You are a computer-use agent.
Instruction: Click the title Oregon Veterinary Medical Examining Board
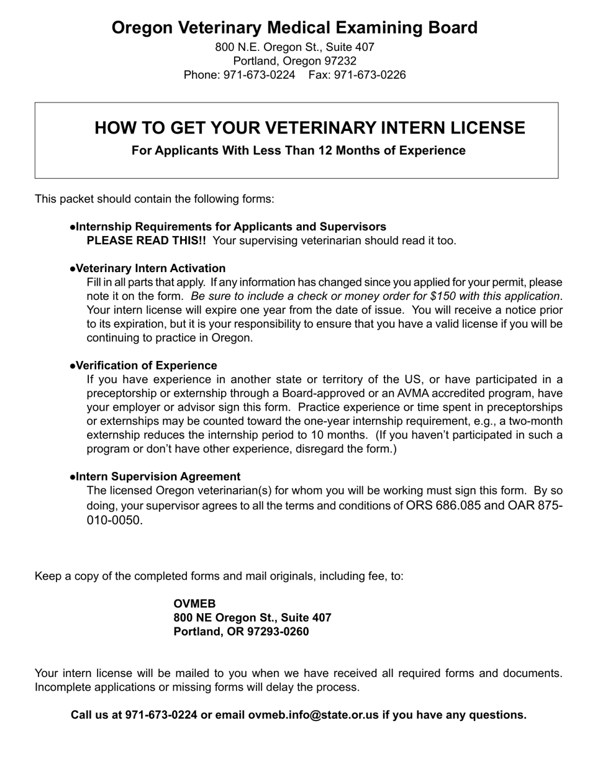pyautogui.click(x=294, y=28)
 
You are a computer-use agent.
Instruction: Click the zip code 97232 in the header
pyautogui.click(x=339, y=61)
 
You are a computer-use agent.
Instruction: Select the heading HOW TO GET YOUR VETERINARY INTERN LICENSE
pyautogui.click(x=309, y=128)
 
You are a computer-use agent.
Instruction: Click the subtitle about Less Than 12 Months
pyautogui.click(x=298, y=150)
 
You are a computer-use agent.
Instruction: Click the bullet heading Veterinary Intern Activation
pyautogui.click(x=150, y=268)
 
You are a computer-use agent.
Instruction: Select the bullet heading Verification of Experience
pyautogui.click(x=147, y=365)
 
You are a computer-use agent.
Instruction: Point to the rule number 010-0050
pyautogui.click(x=114, y=521)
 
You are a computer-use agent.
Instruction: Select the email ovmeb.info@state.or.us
pyautogui.click(x=313, y=715)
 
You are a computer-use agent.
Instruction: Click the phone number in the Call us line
pyautogui.click(x=161, y=715)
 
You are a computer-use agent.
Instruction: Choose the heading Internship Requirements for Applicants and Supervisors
pyautogui.click(x=230, y=227)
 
